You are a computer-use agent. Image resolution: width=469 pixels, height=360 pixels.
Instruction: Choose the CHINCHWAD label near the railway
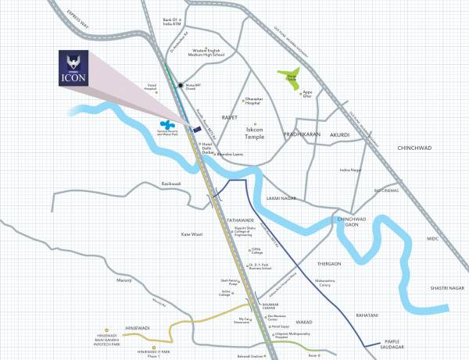point(417,147)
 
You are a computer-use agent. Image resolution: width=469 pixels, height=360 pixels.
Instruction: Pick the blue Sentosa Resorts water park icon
point(167,124)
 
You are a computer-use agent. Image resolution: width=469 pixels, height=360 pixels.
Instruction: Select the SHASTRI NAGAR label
point(440,289)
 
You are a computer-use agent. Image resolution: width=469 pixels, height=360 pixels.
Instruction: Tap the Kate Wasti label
point(192,233)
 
